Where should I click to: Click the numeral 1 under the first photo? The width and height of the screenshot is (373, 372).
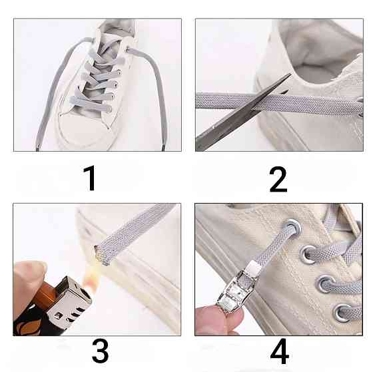(x=90, y=178)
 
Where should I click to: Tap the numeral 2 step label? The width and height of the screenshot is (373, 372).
(x=278, y=180)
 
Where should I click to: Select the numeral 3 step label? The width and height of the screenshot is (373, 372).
(x=100, y=351)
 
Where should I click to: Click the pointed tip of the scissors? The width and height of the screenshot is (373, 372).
(x=290, y=74)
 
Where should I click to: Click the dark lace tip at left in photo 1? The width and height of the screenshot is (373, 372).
(x=37, y=149)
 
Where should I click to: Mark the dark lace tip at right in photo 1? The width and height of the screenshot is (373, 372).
(x=163, y=149)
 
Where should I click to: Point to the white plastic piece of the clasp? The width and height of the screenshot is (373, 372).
(x=252, y=267)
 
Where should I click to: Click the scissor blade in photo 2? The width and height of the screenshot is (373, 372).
(x=242, y=114)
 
